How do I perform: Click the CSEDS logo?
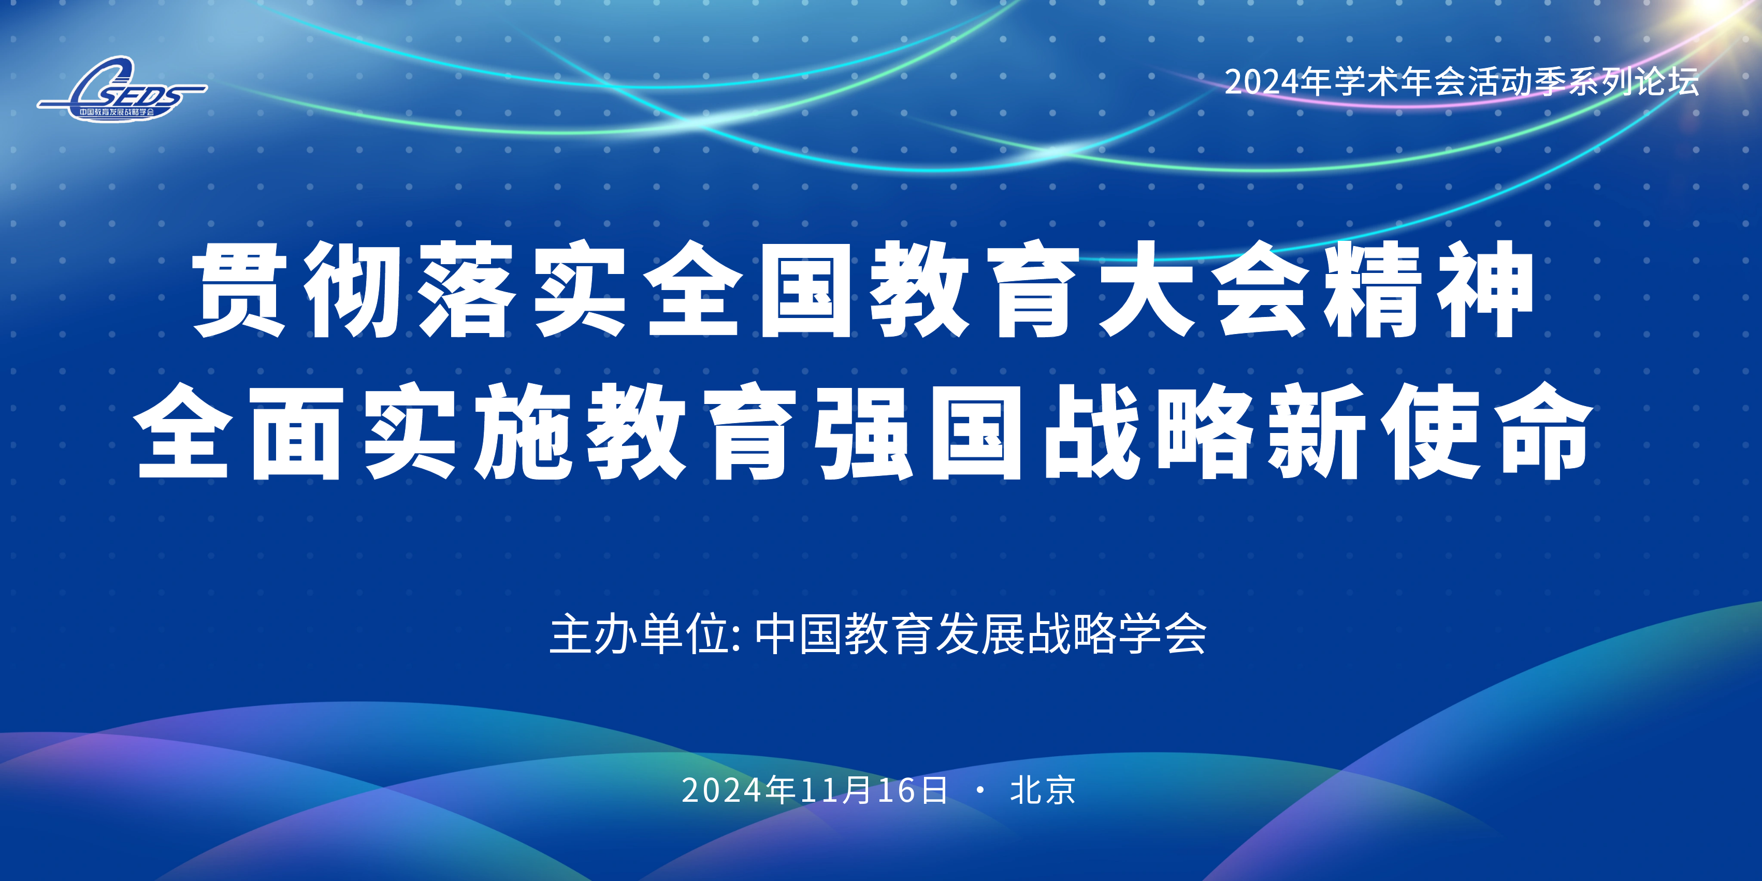tap(122, 89)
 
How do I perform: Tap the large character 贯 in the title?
tap(239, 290)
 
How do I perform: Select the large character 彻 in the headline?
tap(352, 290)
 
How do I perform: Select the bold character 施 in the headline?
tap(523, 431)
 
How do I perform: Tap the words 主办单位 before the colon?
tap(640, 634)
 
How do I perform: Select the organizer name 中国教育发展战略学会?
tap(981, 634)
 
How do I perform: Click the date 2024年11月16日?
tap(814, 790)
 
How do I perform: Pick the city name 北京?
tap(1043, 790)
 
